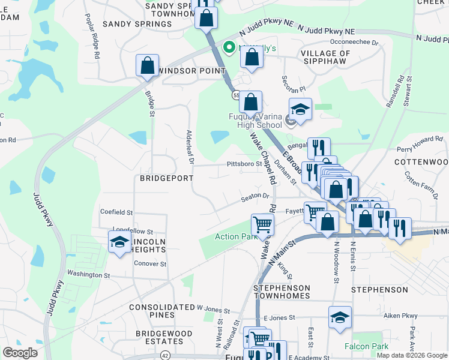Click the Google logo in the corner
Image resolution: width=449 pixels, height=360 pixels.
pos(20,353)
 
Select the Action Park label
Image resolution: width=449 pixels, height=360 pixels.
pos(236,236)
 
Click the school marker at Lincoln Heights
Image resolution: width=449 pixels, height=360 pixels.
pos(119,242)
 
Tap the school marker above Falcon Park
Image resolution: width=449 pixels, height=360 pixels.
pos(340,317)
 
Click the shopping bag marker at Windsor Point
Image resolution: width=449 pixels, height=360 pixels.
pos(147,66)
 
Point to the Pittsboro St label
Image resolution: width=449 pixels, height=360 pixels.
pos(244,164)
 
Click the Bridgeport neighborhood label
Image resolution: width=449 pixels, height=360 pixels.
pos(166,178)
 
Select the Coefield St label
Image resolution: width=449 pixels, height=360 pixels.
pos(116,212)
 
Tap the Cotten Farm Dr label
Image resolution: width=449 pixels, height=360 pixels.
pos(421,178)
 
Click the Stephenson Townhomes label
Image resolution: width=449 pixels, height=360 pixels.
pos(282,292)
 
